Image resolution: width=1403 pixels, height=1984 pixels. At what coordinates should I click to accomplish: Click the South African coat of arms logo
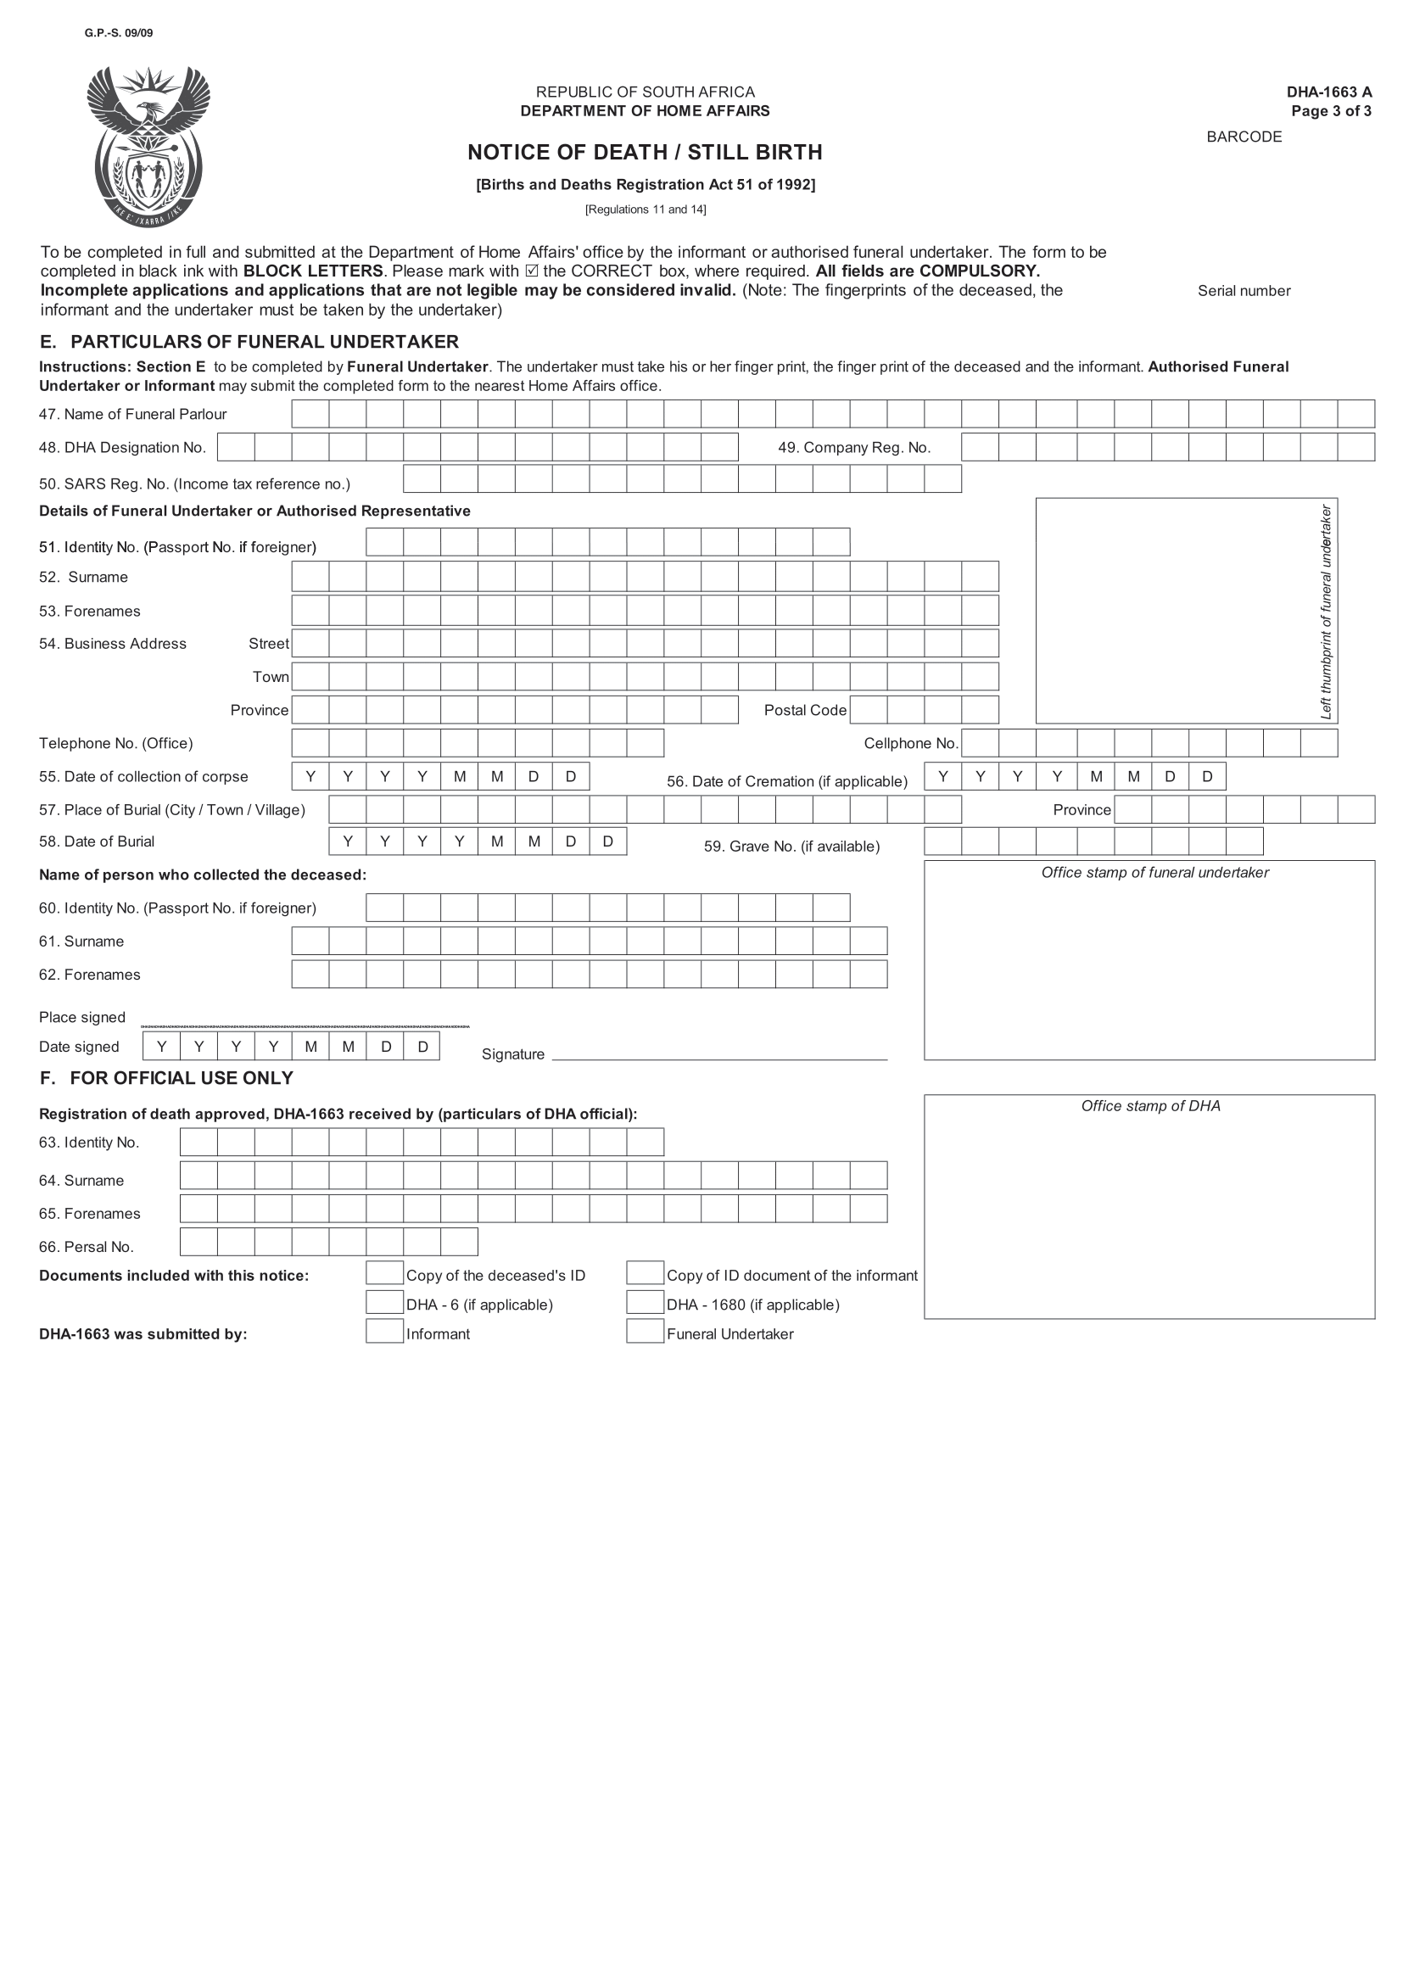pos(148,147)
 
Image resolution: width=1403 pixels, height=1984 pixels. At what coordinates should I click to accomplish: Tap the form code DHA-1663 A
pos(1328,92)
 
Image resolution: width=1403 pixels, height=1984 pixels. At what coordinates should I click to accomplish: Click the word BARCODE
pos(1244,137)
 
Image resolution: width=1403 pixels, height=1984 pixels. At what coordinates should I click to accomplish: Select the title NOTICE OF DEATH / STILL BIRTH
pos(645,152)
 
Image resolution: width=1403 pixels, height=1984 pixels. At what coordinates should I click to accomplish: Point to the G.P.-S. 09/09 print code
pos(119,33)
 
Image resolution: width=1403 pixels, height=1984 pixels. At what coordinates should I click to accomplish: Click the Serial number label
pos(1244,291)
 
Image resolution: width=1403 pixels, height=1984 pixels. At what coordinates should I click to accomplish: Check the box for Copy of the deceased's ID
pos(384,1274)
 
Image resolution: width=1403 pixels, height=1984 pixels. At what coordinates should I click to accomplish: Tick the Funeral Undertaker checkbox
pos(645,1332)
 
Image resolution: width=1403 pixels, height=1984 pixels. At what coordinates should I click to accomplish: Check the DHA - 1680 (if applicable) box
pos(645,1302)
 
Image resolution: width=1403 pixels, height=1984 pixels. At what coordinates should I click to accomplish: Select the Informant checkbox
pos(384,1332)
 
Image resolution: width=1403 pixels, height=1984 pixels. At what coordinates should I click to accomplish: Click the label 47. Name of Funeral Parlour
pos(132,414)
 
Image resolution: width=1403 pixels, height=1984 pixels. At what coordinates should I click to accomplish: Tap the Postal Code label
pos(804,710)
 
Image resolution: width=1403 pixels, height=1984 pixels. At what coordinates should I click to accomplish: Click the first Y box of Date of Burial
pos(347,841)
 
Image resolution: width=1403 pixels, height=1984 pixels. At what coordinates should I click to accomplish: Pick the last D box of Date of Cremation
pos(1206,776)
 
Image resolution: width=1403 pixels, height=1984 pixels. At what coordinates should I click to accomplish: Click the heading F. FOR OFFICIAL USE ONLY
pos(167,1078)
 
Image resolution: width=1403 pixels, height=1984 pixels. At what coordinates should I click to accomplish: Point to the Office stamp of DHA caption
pos(1150,1106)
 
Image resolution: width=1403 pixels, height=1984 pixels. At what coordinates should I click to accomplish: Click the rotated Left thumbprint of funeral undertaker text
pos(1325,611)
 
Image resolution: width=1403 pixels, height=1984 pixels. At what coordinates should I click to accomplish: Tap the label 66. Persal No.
pos(87,1247)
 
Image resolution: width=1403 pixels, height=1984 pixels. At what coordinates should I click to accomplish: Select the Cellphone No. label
pos(910,743)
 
